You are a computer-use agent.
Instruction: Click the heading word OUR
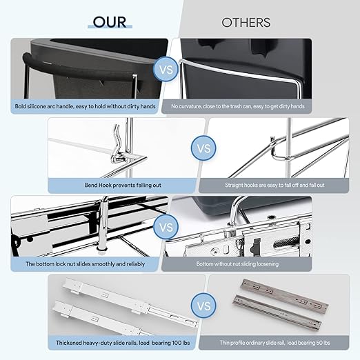coord(110,22)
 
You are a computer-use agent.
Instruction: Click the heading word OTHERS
coord(246,23)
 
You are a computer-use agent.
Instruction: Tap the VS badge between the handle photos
coord(166,69)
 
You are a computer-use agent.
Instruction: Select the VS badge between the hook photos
coord(203,148)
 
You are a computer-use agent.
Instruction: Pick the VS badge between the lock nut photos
coord(166,227)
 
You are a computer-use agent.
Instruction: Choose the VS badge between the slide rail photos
coord(203,306)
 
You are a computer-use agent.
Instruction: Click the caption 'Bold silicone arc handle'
coord(85,106)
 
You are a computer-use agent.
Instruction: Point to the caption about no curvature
coord(238,106)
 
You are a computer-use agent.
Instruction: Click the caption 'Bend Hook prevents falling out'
coord(123,185)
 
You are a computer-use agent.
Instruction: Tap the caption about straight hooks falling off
coord(274,185)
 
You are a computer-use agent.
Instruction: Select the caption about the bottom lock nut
coord(85,264)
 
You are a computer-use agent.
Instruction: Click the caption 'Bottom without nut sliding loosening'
coord(237,264)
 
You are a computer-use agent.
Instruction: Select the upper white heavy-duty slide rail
coord(129,299)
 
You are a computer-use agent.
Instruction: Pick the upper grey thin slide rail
coord(284,294)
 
